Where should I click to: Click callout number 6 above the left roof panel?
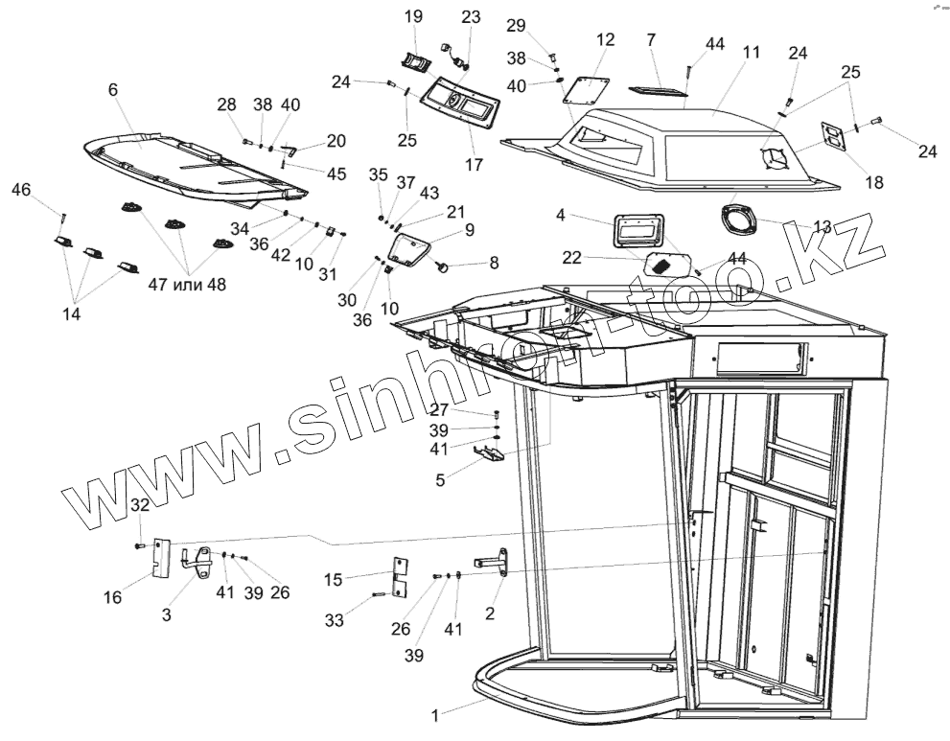[x=113, y=89]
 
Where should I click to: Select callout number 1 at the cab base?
[x=436, y=714]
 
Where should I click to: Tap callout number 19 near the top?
[x=413, y=16]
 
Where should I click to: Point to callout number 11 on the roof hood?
[x=749, y=53]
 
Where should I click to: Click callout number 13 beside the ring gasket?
[x=822, y=226]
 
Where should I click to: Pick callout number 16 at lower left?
[x=113, y=597]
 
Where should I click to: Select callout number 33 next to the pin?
[x=335, y=620]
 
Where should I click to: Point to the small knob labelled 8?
[x=444, y=265]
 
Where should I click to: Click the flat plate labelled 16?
[x=161, y=558]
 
